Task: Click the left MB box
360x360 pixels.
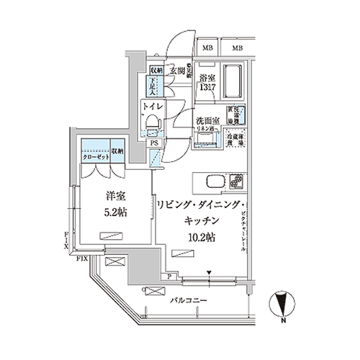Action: click(x=207, y=48)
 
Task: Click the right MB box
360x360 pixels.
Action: click(x=237, y=48)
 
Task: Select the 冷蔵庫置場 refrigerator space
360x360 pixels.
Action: click(x=236, y=135)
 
